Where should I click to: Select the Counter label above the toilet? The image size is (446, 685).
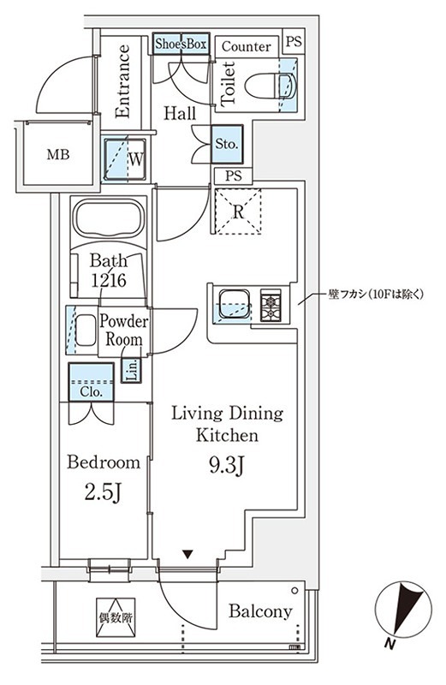[246, 46]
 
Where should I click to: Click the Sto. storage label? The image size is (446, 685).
[227, 145]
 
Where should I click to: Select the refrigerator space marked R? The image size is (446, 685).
[236, 210]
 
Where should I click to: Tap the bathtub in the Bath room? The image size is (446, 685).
[109, 219]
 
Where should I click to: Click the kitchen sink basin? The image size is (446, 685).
[235, 304]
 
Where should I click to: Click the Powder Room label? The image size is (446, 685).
[124, 331]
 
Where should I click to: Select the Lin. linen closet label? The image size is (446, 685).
[132, 371]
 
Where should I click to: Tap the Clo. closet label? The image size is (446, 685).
[92, 391]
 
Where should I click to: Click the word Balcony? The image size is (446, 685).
[261, 611]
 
